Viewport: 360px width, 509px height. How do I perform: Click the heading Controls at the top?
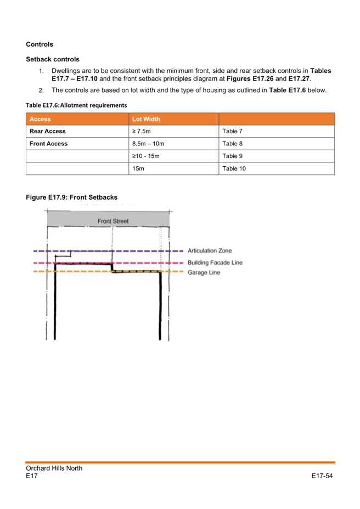click(x=40, y=44)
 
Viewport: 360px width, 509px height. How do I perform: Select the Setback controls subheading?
click(x=53, y=59)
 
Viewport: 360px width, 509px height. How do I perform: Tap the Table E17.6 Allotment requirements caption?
click(x=76, y=105)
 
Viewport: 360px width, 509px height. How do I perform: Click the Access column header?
click(x=40, y=119)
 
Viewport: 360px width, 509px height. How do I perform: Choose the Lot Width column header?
click(x=146, y=119)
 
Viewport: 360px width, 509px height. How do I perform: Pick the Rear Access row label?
click(x=48, y=132)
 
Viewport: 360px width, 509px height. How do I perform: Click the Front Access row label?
click(x=49, y=144)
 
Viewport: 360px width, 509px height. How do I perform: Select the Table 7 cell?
click(x=232, y=132)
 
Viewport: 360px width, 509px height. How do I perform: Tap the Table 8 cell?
click(x=232, y=144)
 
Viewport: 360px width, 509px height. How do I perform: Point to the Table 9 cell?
click(x=232, y=157)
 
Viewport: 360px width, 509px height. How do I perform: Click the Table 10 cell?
click(x=234, y=169)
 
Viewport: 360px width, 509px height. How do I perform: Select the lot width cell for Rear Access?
click(x=142, y=132)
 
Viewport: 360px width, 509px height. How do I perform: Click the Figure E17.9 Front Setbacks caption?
click(x=71, y=197)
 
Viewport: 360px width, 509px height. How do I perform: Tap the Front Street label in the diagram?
click(x=113, y=222)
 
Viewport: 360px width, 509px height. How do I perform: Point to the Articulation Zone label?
click(x=210, y=251)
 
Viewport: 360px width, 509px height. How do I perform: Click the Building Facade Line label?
click(x=215, y=263)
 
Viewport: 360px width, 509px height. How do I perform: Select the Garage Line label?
click(x=204, y=273)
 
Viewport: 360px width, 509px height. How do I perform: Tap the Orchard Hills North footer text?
click(x=54, y=468)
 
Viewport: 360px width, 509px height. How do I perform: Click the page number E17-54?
click(x=322, y=476)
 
